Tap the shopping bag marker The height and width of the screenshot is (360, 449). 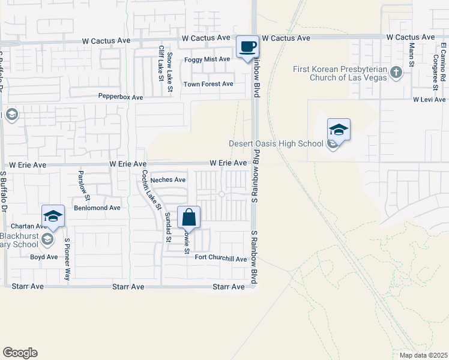tap(188, 218)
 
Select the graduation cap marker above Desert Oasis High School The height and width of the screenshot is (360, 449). tap(339, 130)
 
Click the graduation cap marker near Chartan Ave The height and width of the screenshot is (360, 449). tap(53, 216)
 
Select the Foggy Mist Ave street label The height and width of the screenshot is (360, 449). tap(207, 59)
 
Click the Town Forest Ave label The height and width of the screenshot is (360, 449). tap(208, 84)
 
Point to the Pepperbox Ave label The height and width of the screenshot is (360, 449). tap(121, 97)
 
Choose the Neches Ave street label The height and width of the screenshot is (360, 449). tap(168, 179)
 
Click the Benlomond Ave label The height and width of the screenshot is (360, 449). tap(97, 208)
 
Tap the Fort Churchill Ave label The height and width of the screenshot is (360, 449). tap(221, 259)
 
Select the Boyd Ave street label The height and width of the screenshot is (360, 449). tap(44, 257)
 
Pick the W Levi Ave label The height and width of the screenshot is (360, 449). tap(429, 99)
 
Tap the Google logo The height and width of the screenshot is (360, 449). tap(20, 353)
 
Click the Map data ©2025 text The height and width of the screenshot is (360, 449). tap(423, 355)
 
